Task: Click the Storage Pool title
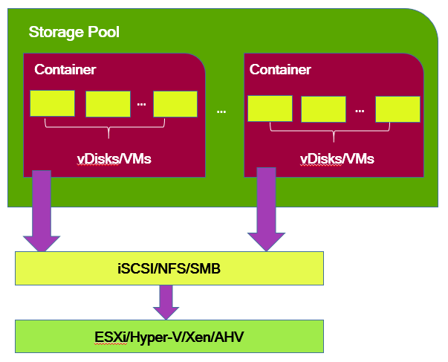74,33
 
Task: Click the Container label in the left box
65,70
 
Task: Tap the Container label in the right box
280,70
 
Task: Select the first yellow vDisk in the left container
52,103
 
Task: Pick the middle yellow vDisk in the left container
108,104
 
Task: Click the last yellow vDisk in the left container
175,104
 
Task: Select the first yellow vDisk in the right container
270,109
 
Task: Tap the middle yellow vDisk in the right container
323,109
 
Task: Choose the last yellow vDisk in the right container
397,109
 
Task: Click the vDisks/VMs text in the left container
114,158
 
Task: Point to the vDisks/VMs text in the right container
337,158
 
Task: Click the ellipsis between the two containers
221,111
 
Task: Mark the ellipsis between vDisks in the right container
360,111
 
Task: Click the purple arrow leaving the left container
42,212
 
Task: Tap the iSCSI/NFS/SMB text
169,269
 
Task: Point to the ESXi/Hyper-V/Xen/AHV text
169,337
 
